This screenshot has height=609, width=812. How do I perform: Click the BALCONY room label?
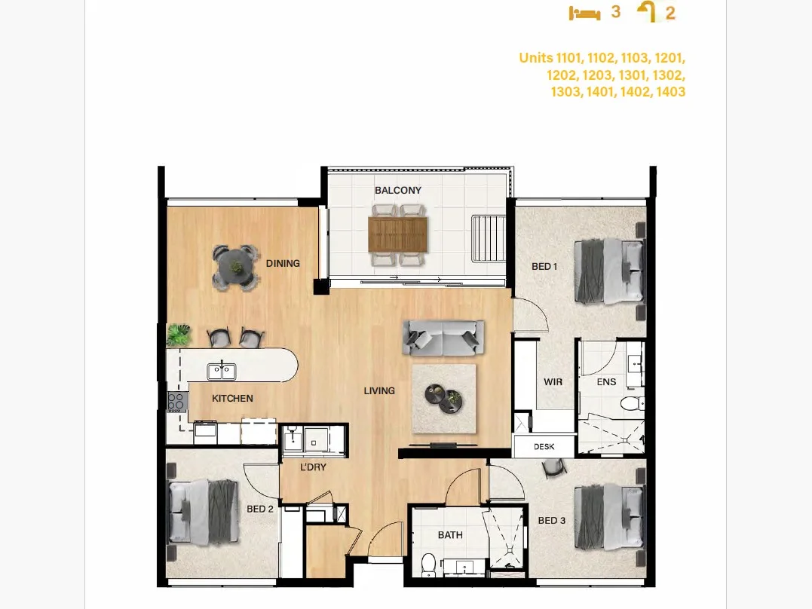tap(398, 191)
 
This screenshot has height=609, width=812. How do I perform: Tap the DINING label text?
tap(283, 264)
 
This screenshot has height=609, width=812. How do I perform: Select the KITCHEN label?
tap(232, 398)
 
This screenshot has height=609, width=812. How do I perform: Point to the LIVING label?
tap(379, 391)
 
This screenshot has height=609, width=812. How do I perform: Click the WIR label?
tap(553, 382)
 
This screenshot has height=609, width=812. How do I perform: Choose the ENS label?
tap(606, 382)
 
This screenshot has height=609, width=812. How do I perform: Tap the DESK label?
tap(544, 446)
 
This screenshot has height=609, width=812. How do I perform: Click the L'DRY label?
tap(314, 467)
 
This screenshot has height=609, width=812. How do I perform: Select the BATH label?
tap(450, 535)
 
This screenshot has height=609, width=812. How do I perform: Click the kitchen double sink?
tap(222, 372)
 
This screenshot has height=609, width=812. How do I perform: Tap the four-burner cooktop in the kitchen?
tap(176, 402)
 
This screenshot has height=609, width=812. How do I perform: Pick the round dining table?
tap(237, 268)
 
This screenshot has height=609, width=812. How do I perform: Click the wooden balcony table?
tap(398, 234)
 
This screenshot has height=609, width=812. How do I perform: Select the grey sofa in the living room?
tap(443, 338)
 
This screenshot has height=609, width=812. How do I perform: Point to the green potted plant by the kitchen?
tap(179, 335)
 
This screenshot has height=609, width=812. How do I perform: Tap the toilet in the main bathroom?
tap(428, 565)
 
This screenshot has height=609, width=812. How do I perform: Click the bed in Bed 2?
tap(204, 513)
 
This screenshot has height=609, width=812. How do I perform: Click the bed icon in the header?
tap(584, 13)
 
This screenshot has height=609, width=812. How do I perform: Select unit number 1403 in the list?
tap(670, 92)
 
